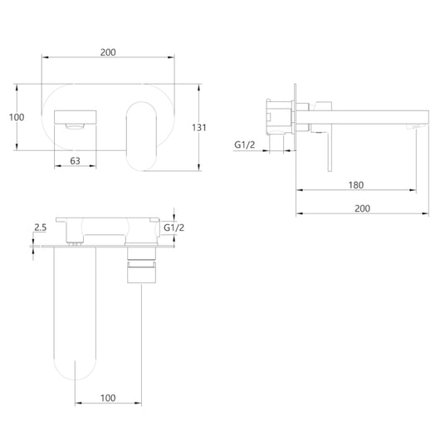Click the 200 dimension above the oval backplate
pos(108,52)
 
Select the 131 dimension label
pos(199,128)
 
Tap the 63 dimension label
pos(76,161)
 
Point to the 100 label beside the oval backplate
pos(17,117)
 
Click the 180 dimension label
pos(356,185)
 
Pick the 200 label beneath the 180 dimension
pos(362,208)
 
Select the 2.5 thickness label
pos(41,227)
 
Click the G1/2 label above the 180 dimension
pos(245,144)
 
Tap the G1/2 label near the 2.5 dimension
pos(174,227)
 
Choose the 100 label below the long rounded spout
pos(108,398)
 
